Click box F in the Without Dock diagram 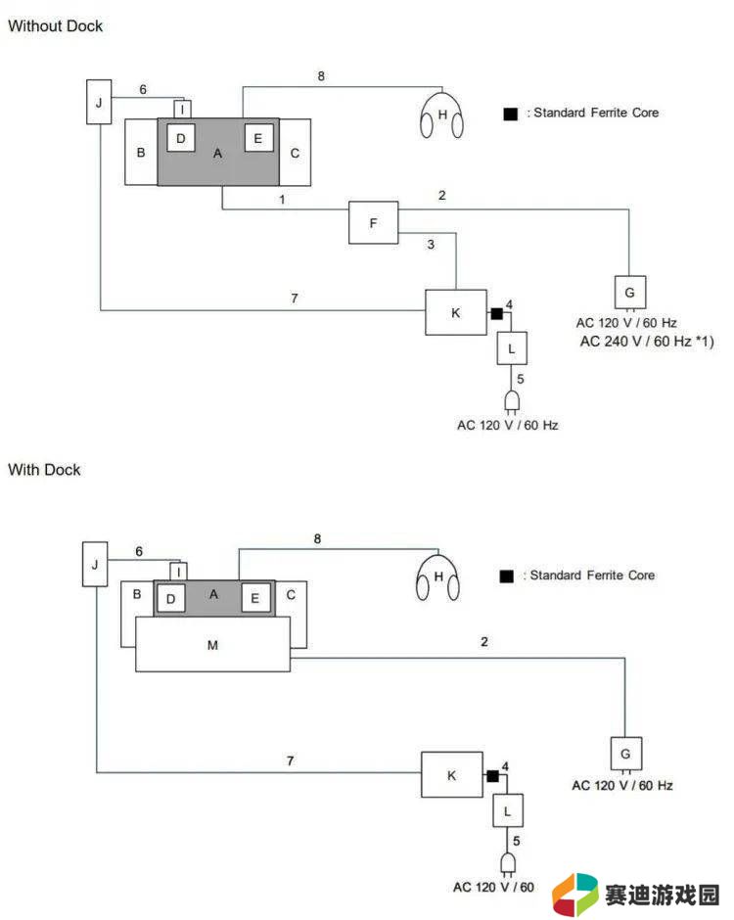[x=373, y=222]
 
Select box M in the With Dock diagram [x=212, y=644]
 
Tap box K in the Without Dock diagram [x=456, y=313]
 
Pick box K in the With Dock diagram [x=452, y=775]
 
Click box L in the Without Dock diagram [x=512, y=347]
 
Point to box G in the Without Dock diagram [x=630, y=293]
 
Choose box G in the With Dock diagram [x=626, y=754]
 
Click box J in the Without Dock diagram [x=99, y=102]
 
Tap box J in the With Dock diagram [x=95, y=564]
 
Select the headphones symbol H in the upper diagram [x=441, y=115]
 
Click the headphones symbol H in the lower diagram [x=437, y=577]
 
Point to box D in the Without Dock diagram [x=181, y=138]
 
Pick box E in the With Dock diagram [x=255, y=598]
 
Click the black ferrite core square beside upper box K [x=496, y=314]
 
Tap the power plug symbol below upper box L [x=512, y=402]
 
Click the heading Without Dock [x=55, y=25]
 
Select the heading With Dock [x=44, y=470]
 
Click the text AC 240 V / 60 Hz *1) [x=647, y=341]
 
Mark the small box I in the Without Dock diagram [x=182, y=110]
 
